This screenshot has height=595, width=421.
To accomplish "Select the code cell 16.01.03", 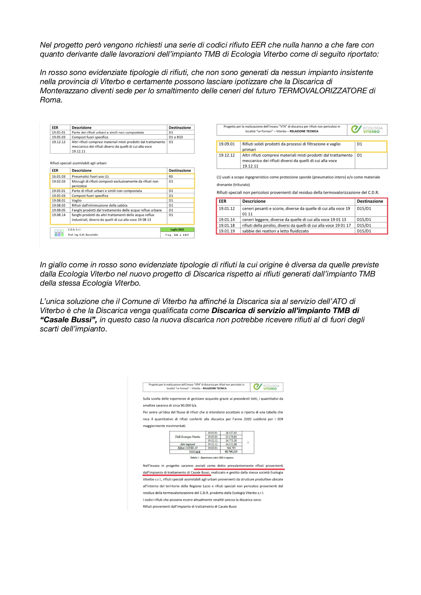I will click(x=58, y=176).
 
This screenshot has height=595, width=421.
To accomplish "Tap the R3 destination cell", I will click(x=171, y=176).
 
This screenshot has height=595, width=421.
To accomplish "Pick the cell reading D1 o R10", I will click(x=176, y=137).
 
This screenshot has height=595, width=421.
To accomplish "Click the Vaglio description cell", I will click(x=77, y=200).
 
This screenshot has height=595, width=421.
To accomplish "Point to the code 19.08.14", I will click(x=58, y=215).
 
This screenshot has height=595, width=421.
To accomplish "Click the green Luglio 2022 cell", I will click(x=177, y=230).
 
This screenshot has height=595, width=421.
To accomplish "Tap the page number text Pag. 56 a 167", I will click(x=177, y=235).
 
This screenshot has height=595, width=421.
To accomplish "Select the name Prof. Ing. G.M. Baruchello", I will click(x=83, y=235).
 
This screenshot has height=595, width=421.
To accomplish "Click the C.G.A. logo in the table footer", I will click(x=59, y=232).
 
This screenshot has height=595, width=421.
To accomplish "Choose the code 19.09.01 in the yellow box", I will click(x=227, y=144).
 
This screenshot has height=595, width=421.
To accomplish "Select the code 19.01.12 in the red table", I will click(x=227, y=209).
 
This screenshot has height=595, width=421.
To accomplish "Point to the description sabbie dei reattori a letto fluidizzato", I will click(x=275, y=231).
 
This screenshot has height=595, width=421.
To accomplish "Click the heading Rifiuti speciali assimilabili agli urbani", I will click(x=78, y=163).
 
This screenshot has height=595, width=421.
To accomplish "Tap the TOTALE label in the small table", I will click(x=195, y=452).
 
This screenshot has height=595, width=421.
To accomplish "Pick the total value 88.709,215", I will click(x=231, y=452).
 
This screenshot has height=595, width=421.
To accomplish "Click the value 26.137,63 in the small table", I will click(x=231, y=433).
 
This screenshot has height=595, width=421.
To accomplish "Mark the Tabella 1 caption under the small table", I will click(x=212, y=458).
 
